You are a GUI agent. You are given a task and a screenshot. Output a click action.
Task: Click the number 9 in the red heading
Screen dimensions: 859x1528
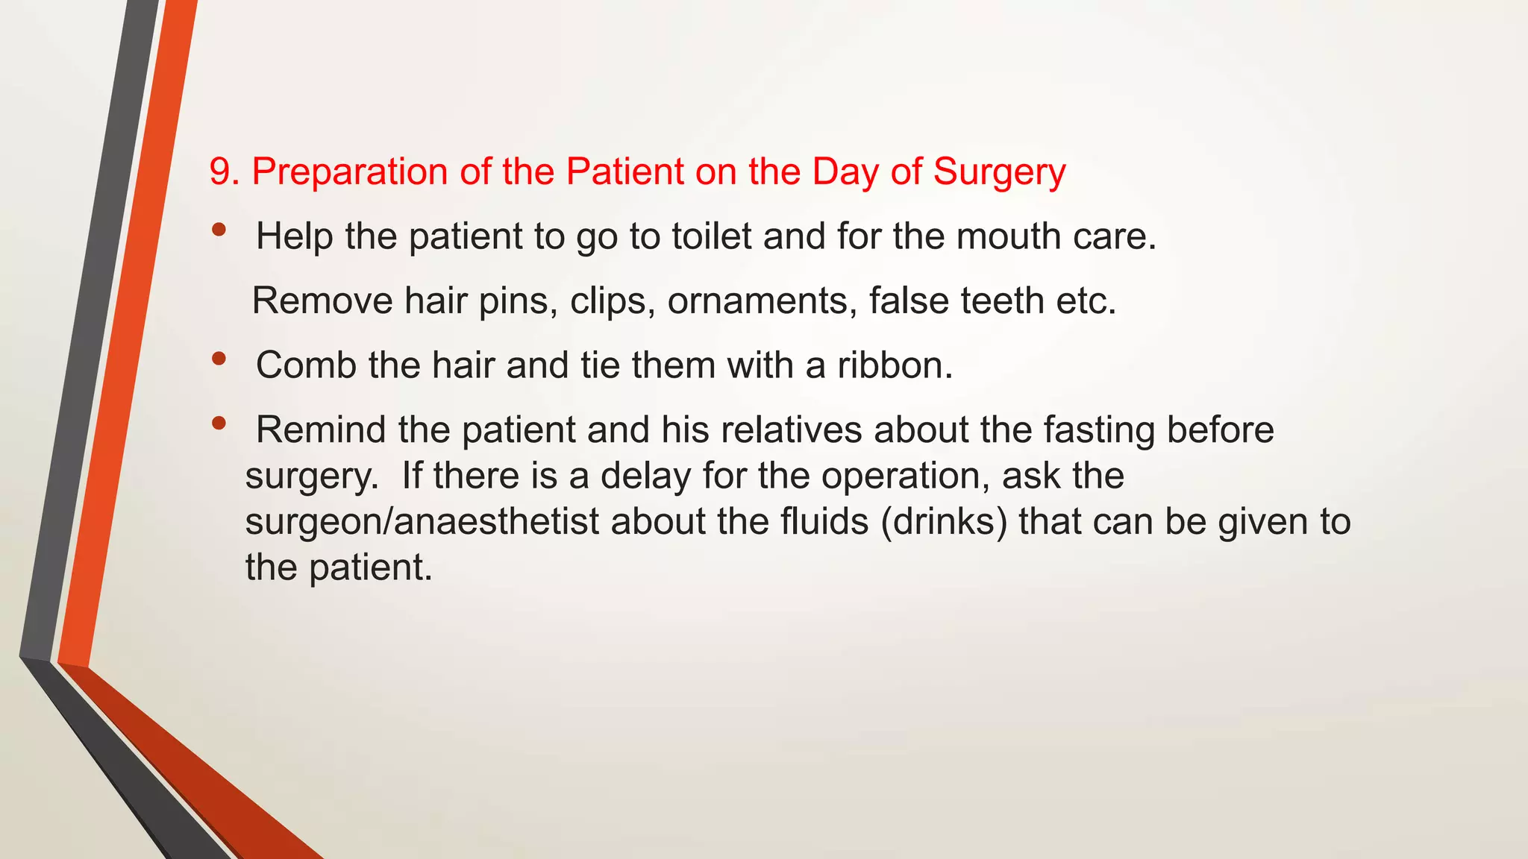(x=219, y=172)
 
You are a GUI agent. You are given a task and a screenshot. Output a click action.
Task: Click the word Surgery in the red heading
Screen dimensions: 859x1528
(x=1000, y=173)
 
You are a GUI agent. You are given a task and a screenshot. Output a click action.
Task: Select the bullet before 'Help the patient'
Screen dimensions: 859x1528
(x=219, y=230)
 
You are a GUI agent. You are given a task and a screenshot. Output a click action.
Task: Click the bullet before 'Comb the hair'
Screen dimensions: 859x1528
(x=219, y=359)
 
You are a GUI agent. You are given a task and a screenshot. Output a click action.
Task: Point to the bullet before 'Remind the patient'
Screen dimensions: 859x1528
(x=219, y=424)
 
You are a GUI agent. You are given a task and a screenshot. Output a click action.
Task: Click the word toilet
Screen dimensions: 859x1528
(x=711, y=236)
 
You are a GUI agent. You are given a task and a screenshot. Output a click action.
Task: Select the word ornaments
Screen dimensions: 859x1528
(x=762, y=301)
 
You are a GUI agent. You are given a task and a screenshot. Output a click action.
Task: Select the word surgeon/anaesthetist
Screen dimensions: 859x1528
(x=422, y=522)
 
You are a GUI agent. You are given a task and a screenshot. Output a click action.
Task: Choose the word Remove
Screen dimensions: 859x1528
(x=322, y=301)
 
